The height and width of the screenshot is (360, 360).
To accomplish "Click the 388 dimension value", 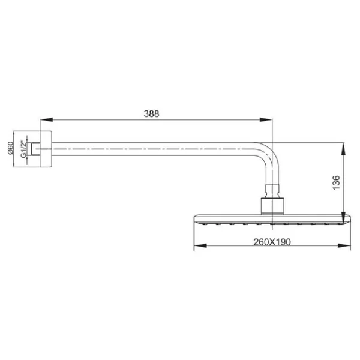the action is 151,113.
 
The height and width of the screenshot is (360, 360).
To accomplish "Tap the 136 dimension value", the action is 336,182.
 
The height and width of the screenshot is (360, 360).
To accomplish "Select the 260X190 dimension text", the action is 272,242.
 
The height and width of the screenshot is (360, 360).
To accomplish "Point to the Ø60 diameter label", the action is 11,148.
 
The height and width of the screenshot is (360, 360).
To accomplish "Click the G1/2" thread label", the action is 23,149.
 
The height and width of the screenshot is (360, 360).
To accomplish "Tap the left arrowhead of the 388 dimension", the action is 47,119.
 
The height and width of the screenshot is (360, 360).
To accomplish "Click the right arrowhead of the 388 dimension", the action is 266,119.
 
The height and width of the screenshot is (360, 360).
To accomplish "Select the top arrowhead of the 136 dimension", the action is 343,149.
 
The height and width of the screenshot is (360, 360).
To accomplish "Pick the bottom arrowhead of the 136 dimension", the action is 343,218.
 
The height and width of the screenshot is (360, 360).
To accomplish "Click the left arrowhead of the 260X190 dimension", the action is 200,245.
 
